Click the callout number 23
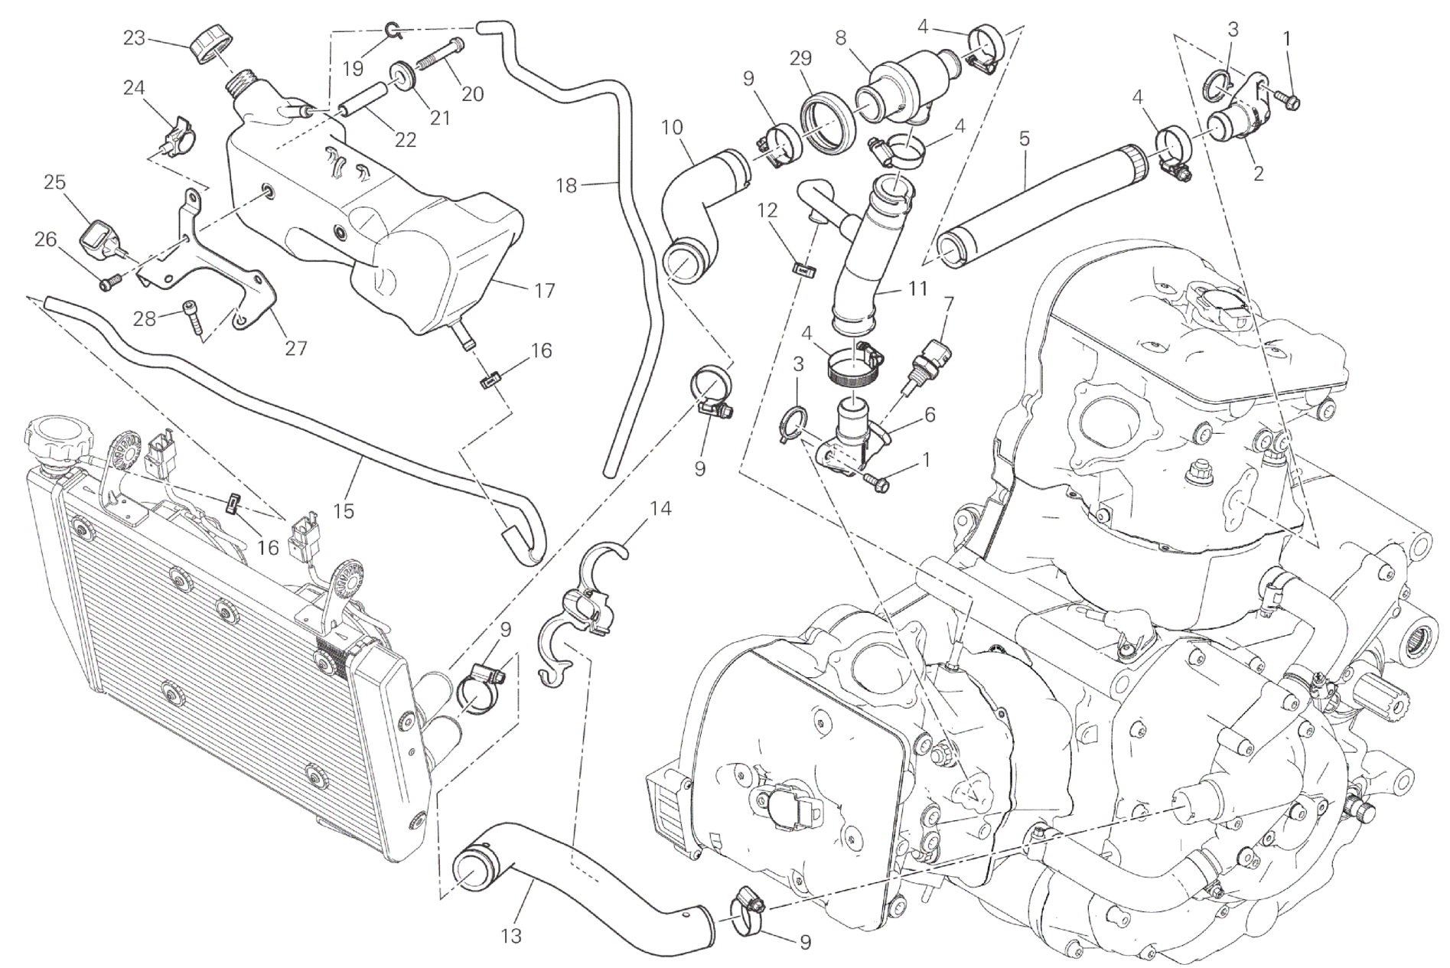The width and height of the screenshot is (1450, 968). pyautogui.click(x=134, y=37)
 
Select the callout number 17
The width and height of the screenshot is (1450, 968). pyautogui.click(x=546, y=291)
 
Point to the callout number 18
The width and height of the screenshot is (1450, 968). pyautogui.click(x=566, y=185)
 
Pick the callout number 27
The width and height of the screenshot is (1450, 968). pyautogui.click(x=296, y=348)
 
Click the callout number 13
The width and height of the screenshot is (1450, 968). pyautogui.click(x=511, y=935)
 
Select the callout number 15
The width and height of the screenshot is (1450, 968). pyautogui.click(x=344, y=511)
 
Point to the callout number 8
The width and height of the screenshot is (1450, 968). pyautogui.click(x=841, y=37)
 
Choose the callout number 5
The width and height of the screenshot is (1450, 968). pyautogui.click(x=1025, y=139)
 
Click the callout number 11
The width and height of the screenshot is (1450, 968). pyautogui.click(x=917, y=288)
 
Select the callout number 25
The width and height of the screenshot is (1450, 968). pyautogui.click(x=54, y=182)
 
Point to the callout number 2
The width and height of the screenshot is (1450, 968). pyautogui.click(x=1258, y=174)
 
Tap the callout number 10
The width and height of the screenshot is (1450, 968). pyautogui.click(x=672, y=127)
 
